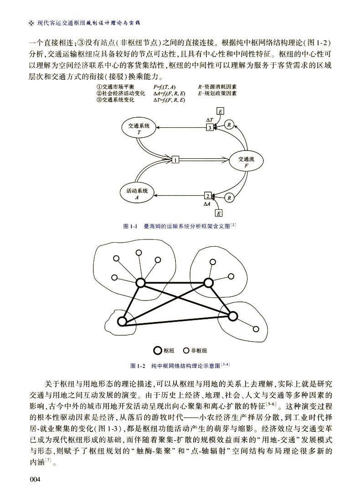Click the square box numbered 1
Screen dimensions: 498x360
[175, 160]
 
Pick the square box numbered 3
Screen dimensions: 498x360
[209, 128]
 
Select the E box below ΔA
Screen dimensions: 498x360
[219, 213]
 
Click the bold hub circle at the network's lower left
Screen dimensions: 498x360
[122, 322]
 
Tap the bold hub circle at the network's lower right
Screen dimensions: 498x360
[233, 316]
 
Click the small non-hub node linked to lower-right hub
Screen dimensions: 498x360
[256, 328]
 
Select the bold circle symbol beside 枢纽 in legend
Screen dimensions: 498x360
[157, 351]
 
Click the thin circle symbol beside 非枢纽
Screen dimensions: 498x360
[186, 351]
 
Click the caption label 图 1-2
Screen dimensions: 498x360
[137, 366]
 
